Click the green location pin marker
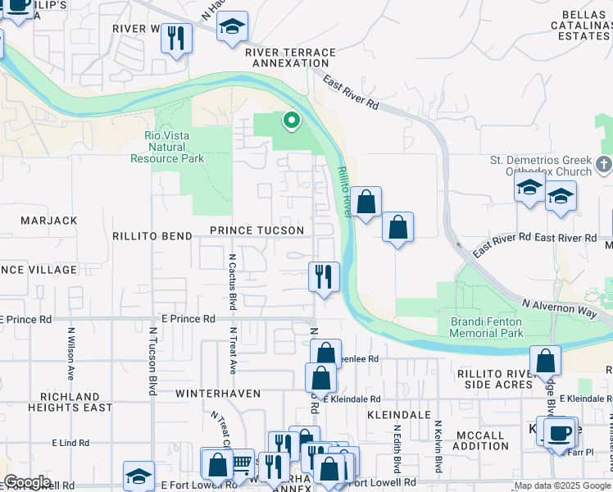coord(290,121)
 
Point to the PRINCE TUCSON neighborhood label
coord(257,231)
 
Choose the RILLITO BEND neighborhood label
coord(153,236)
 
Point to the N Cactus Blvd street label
coord(232,280)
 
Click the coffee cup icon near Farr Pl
coord(560,432)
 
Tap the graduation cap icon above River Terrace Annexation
coord(232,26)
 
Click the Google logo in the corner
coord(26,482)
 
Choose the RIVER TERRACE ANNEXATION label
coord(290,57)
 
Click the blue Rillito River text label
coord(343,192)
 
